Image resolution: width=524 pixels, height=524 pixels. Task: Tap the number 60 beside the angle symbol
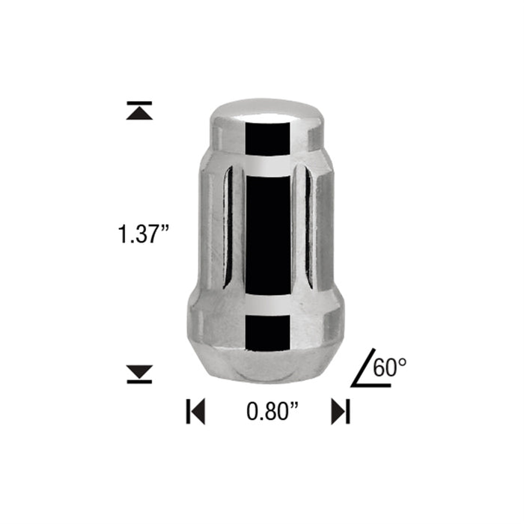(x=386, y=367)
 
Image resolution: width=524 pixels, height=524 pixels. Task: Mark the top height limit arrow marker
(x=139, y=110)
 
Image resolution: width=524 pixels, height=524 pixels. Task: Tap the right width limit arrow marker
(x=341, y=411)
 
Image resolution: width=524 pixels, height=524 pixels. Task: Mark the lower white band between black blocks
(x=268, y=308)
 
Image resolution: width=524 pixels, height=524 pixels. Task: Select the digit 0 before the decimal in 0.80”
(x=252, y=411)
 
